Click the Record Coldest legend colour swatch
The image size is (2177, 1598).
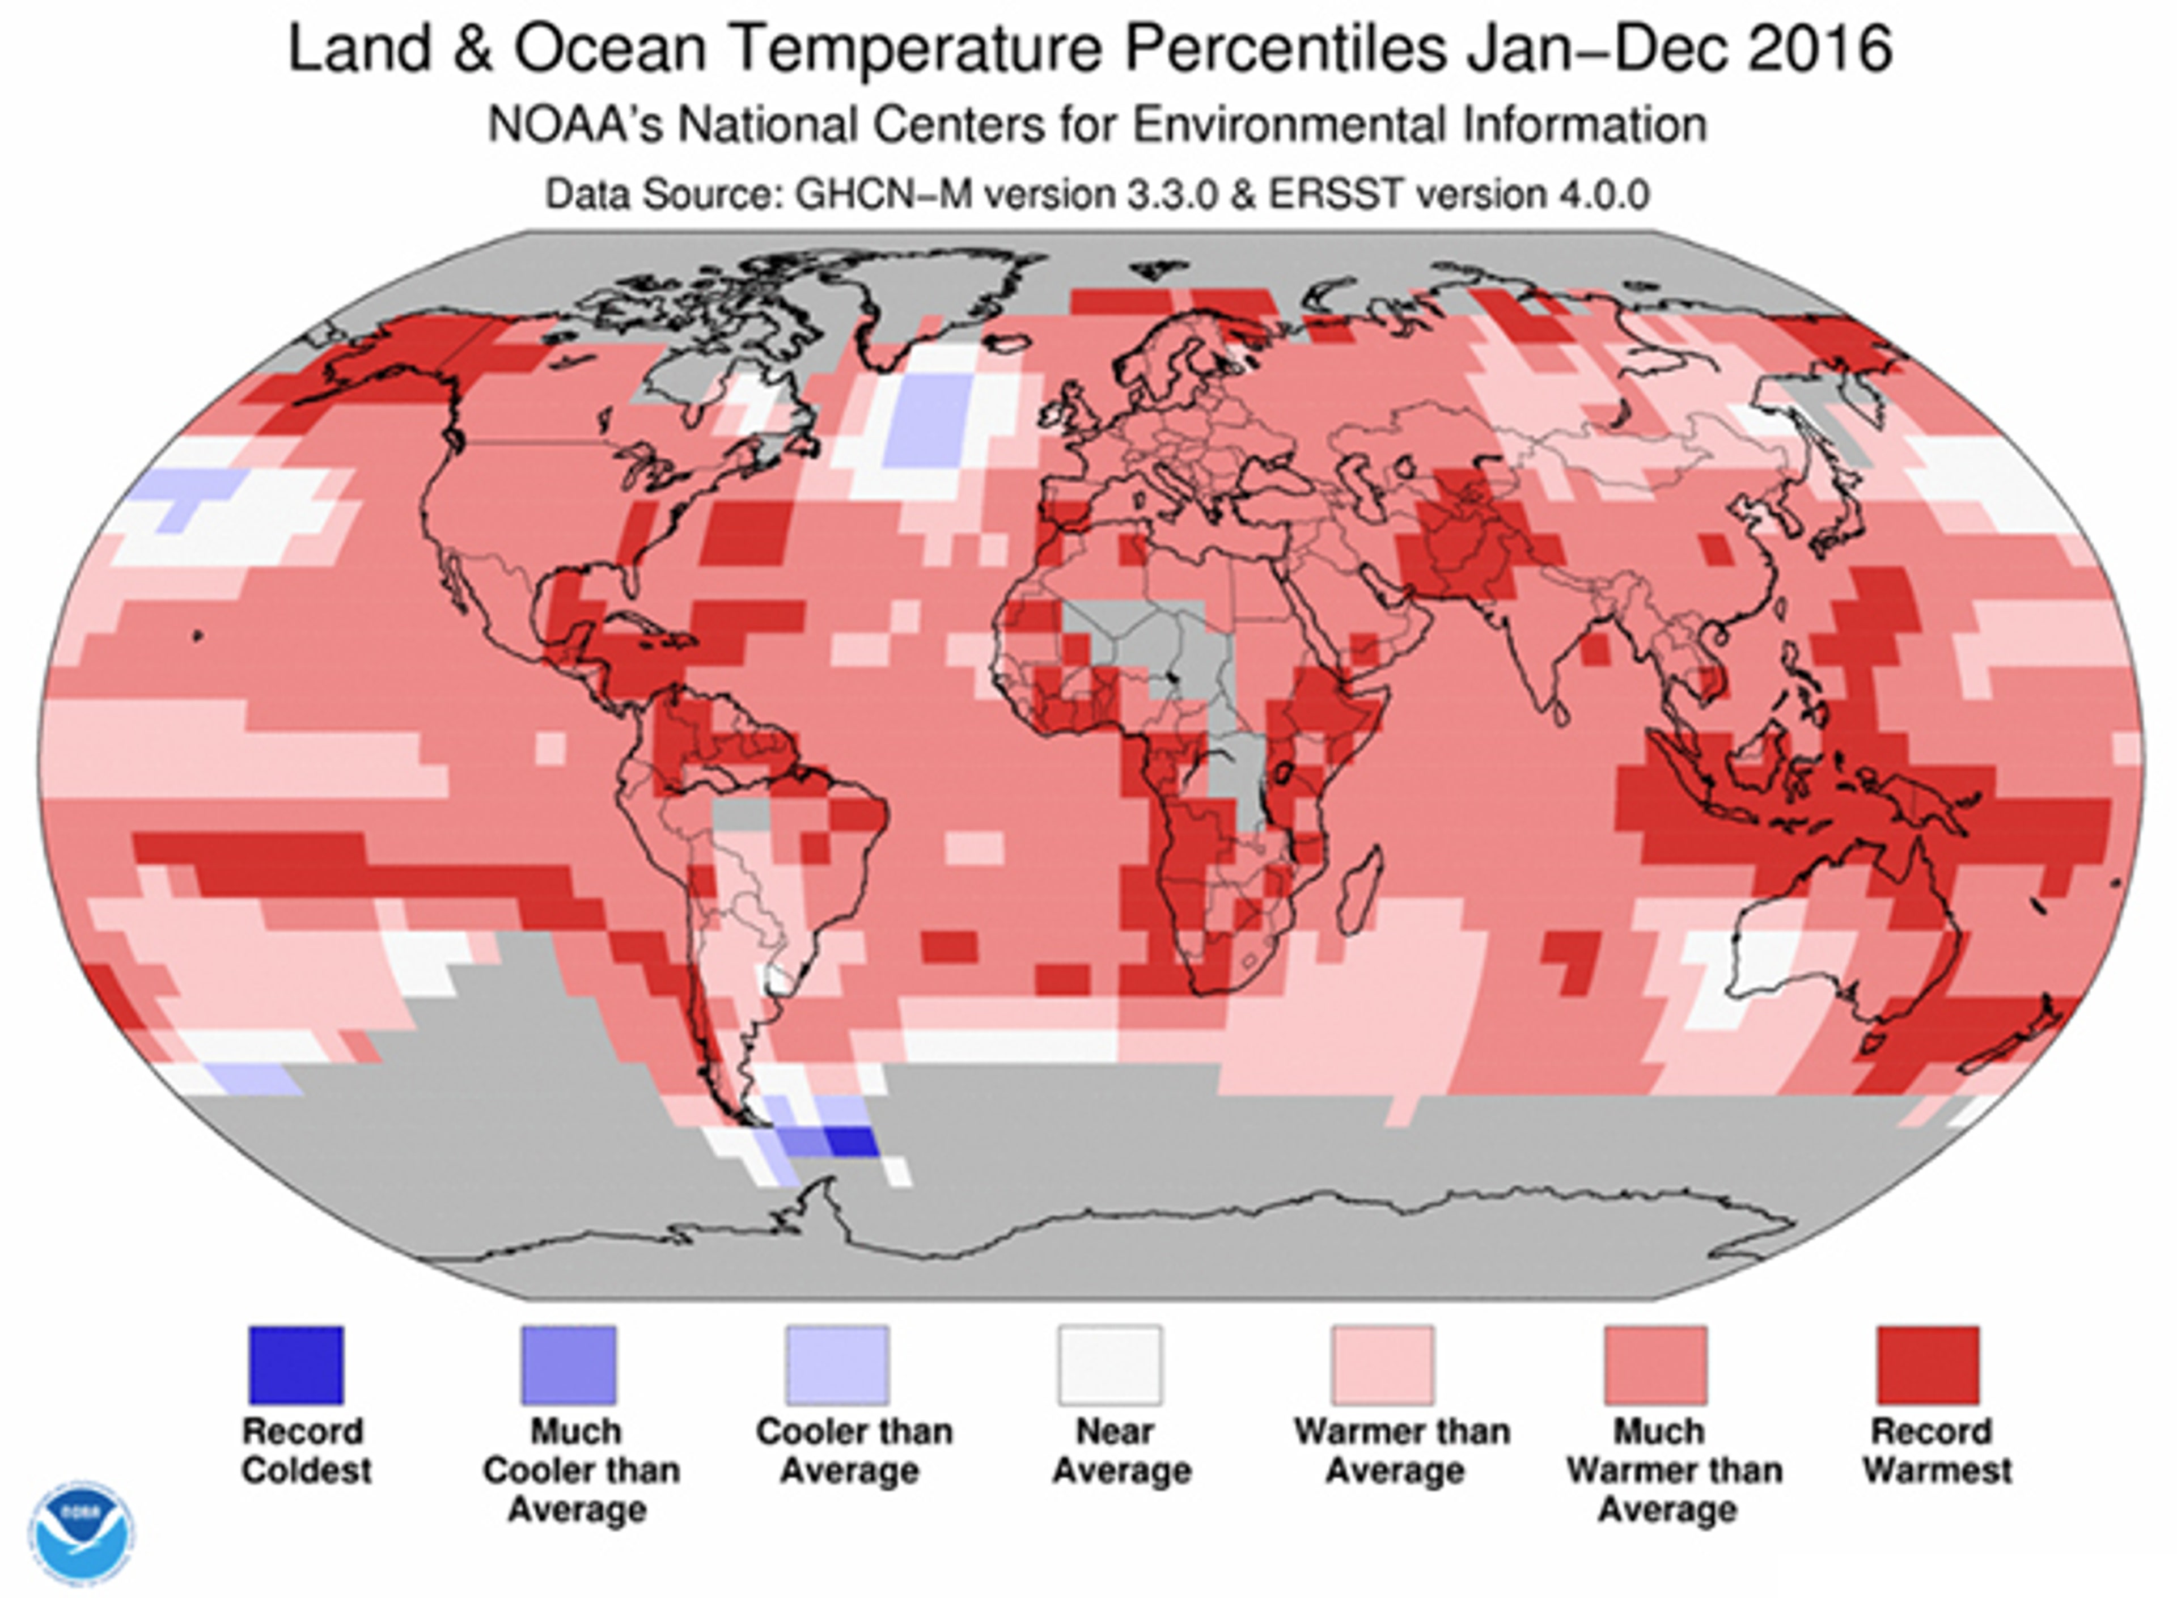tap(296, 1365)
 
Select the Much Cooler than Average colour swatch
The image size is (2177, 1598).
tap(569, 1365)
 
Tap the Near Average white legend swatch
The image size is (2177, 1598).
tap(1110, 1365)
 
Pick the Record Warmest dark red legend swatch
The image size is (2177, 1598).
tap(1928, 1365)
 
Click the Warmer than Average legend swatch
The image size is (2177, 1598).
tap(1383, 1365)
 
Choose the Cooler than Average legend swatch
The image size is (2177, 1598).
tap(837, 1365)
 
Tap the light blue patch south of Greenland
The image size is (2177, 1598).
tap(929, 421)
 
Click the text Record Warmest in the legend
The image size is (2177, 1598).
tap(1936, 1451)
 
